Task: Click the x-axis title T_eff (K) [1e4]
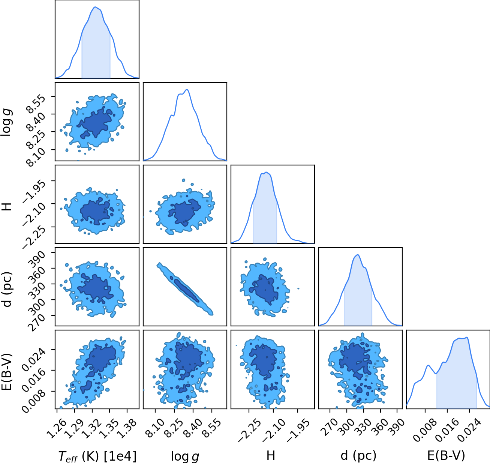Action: [97, 456]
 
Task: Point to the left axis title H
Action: [7, 207]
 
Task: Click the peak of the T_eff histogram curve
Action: [95, 7]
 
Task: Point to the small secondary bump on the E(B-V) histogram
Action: [428, 365]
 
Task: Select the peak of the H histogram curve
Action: [267, 172]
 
